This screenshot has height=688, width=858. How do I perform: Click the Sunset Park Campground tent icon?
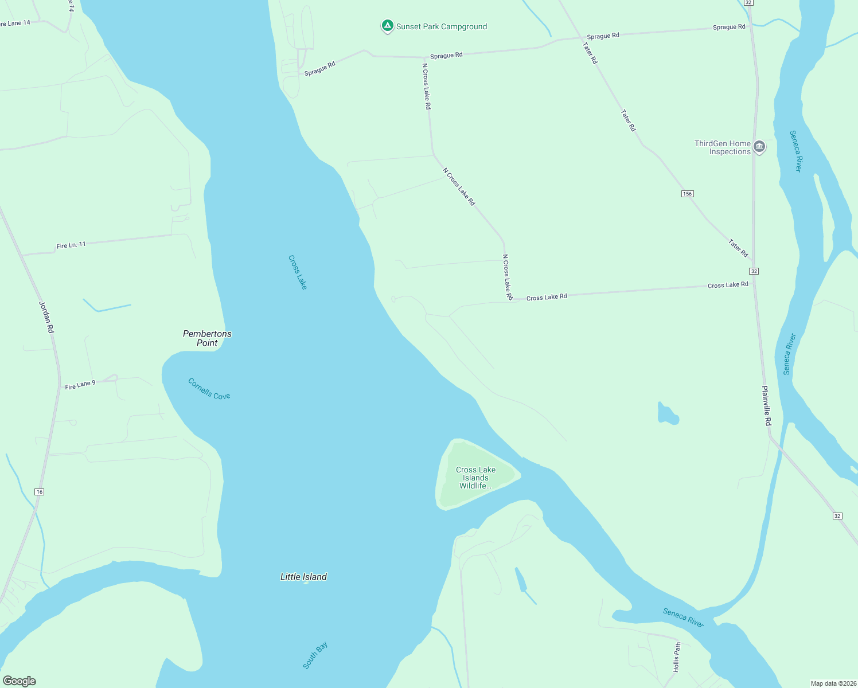pyautogui.click(x=387, y=26)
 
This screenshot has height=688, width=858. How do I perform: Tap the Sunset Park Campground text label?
pyautogui.click(x=442, y=26)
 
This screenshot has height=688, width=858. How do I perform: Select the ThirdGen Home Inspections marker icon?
pyautogui.click(x=759, y=147)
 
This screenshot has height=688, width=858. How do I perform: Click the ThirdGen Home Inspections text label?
pyautogui.click(x=723, y=147)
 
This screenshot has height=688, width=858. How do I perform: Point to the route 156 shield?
pyautogui.click(x=687, y=194)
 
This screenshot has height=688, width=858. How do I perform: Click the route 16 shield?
pyautogui.click(x=39, y=492)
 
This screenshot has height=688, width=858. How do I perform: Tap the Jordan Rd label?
pyautogui.click(x=46, y=317)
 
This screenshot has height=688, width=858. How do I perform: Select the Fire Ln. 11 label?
pyautogui.click(x=71, y=245)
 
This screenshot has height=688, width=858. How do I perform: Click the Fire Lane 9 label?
pyautogui.click(x=80, y=385)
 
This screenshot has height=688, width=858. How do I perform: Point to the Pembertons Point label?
pyautogui.click(x=207, y=338)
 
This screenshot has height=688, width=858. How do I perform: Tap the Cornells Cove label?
pyautogui.click(x=209, y=389)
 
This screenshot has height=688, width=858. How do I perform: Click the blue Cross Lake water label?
pyautogui.click(x=298, y=272)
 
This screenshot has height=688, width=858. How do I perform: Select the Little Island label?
pyautogui.click(x=303, y=577)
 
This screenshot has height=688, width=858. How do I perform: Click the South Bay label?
pyautogui.click(x=315, y=655)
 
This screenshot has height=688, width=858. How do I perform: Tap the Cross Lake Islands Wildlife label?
pyautogui.click(x=476, y=478)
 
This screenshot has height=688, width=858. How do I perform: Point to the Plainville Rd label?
pyautogui.click(x=767, y=405)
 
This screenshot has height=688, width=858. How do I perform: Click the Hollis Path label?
pyautogui.click(x=677, y=657)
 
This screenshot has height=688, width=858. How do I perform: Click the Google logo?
pyautogui.click(x=19, y=681)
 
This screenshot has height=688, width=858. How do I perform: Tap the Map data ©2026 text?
pyautogui.click(x=833, y=683)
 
